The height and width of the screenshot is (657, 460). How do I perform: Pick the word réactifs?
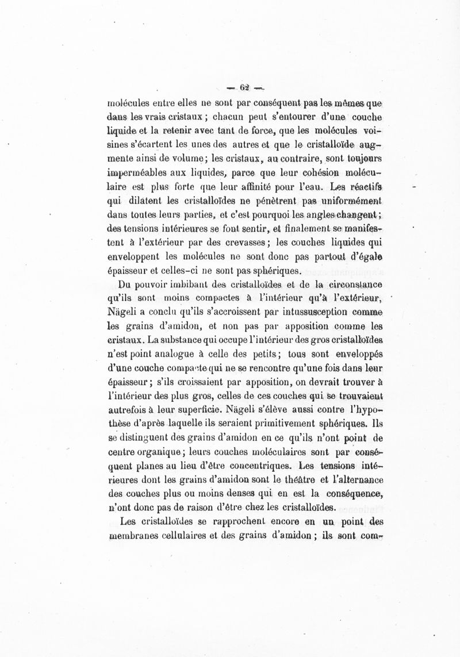[x=367, y=187]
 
